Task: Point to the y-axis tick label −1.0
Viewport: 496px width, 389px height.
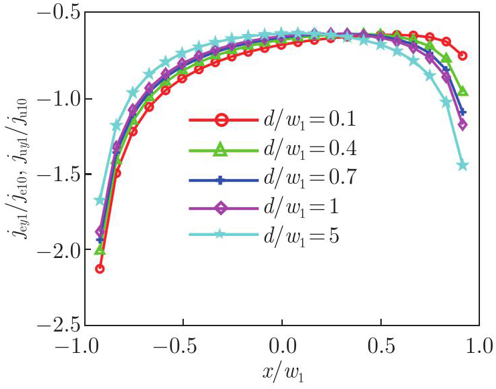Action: pyautogui.click(x=58, y=99)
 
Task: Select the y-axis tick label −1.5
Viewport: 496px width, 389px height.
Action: pyautogui.click(x=58, y=175)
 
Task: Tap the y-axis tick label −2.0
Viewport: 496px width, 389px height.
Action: pyautogui.click(x=58, y=251)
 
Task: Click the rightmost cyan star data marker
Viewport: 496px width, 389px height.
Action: pyautogui.click(x=462, y=166)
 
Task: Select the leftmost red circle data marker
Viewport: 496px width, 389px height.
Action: pyautogui.click(x=100, y=269)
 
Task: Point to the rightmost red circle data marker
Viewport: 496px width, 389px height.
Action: pyautogui.click(x=462, y=55)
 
